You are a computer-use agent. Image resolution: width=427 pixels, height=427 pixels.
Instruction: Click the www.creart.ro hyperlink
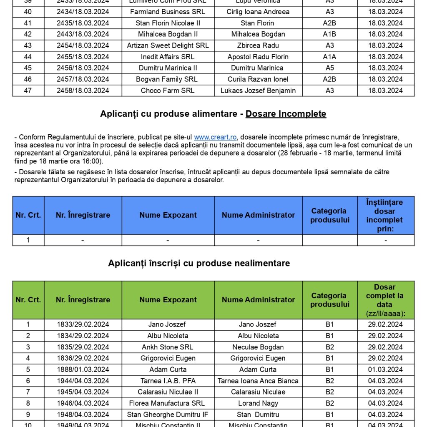click(x=216, y=137)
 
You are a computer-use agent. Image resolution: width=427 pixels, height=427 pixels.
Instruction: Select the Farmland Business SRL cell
click(x=168, y=12)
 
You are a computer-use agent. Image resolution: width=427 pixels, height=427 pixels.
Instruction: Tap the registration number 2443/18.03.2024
click(x=83, y=34)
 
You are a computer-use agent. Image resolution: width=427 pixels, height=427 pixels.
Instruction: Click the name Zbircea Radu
click(x=258, y=45)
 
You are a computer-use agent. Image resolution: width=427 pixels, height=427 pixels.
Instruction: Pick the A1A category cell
click(x=329, y=57)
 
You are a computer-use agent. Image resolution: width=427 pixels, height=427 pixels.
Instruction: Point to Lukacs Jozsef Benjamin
click(x=258, y=90)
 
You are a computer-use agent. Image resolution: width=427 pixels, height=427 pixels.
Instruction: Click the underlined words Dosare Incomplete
click(x=286, y=114)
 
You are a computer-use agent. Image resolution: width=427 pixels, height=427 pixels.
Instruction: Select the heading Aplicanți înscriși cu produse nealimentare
click(x=199, y=263)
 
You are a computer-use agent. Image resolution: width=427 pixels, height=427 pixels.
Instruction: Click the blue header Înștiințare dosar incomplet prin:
click(x=385, y=215)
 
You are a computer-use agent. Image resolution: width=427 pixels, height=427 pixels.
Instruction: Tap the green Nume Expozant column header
click(x=168, y=300)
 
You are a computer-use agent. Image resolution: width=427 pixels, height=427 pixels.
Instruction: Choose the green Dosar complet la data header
click(x=385, y=300)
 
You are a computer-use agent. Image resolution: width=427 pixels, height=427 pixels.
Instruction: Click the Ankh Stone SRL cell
click(x=168, y=347)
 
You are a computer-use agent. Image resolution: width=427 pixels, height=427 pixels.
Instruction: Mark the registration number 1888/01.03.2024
click(x=83, y=369)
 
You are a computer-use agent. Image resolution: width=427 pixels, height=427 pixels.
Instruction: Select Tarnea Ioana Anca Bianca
click(x=258, y=381)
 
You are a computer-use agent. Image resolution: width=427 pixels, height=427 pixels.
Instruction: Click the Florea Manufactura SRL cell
click(x=168, y=403)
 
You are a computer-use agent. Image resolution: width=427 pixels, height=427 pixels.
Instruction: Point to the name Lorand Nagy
click(x=258, y=403)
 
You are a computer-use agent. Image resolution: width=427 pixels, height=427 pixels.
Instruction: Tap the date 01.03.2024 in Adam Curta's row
click(x=385, y=369)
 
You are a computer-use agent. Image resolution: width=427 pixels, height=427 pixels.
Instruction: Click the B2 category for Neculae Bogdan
click(x=329, y=347)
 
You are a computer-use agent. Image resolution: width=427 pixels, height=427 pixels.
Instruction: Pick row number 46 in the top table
click(x=28, y=79)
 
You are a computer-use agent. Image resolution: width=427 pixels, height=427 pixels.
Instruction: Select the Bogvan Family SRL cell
click(x=168, y=79)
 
